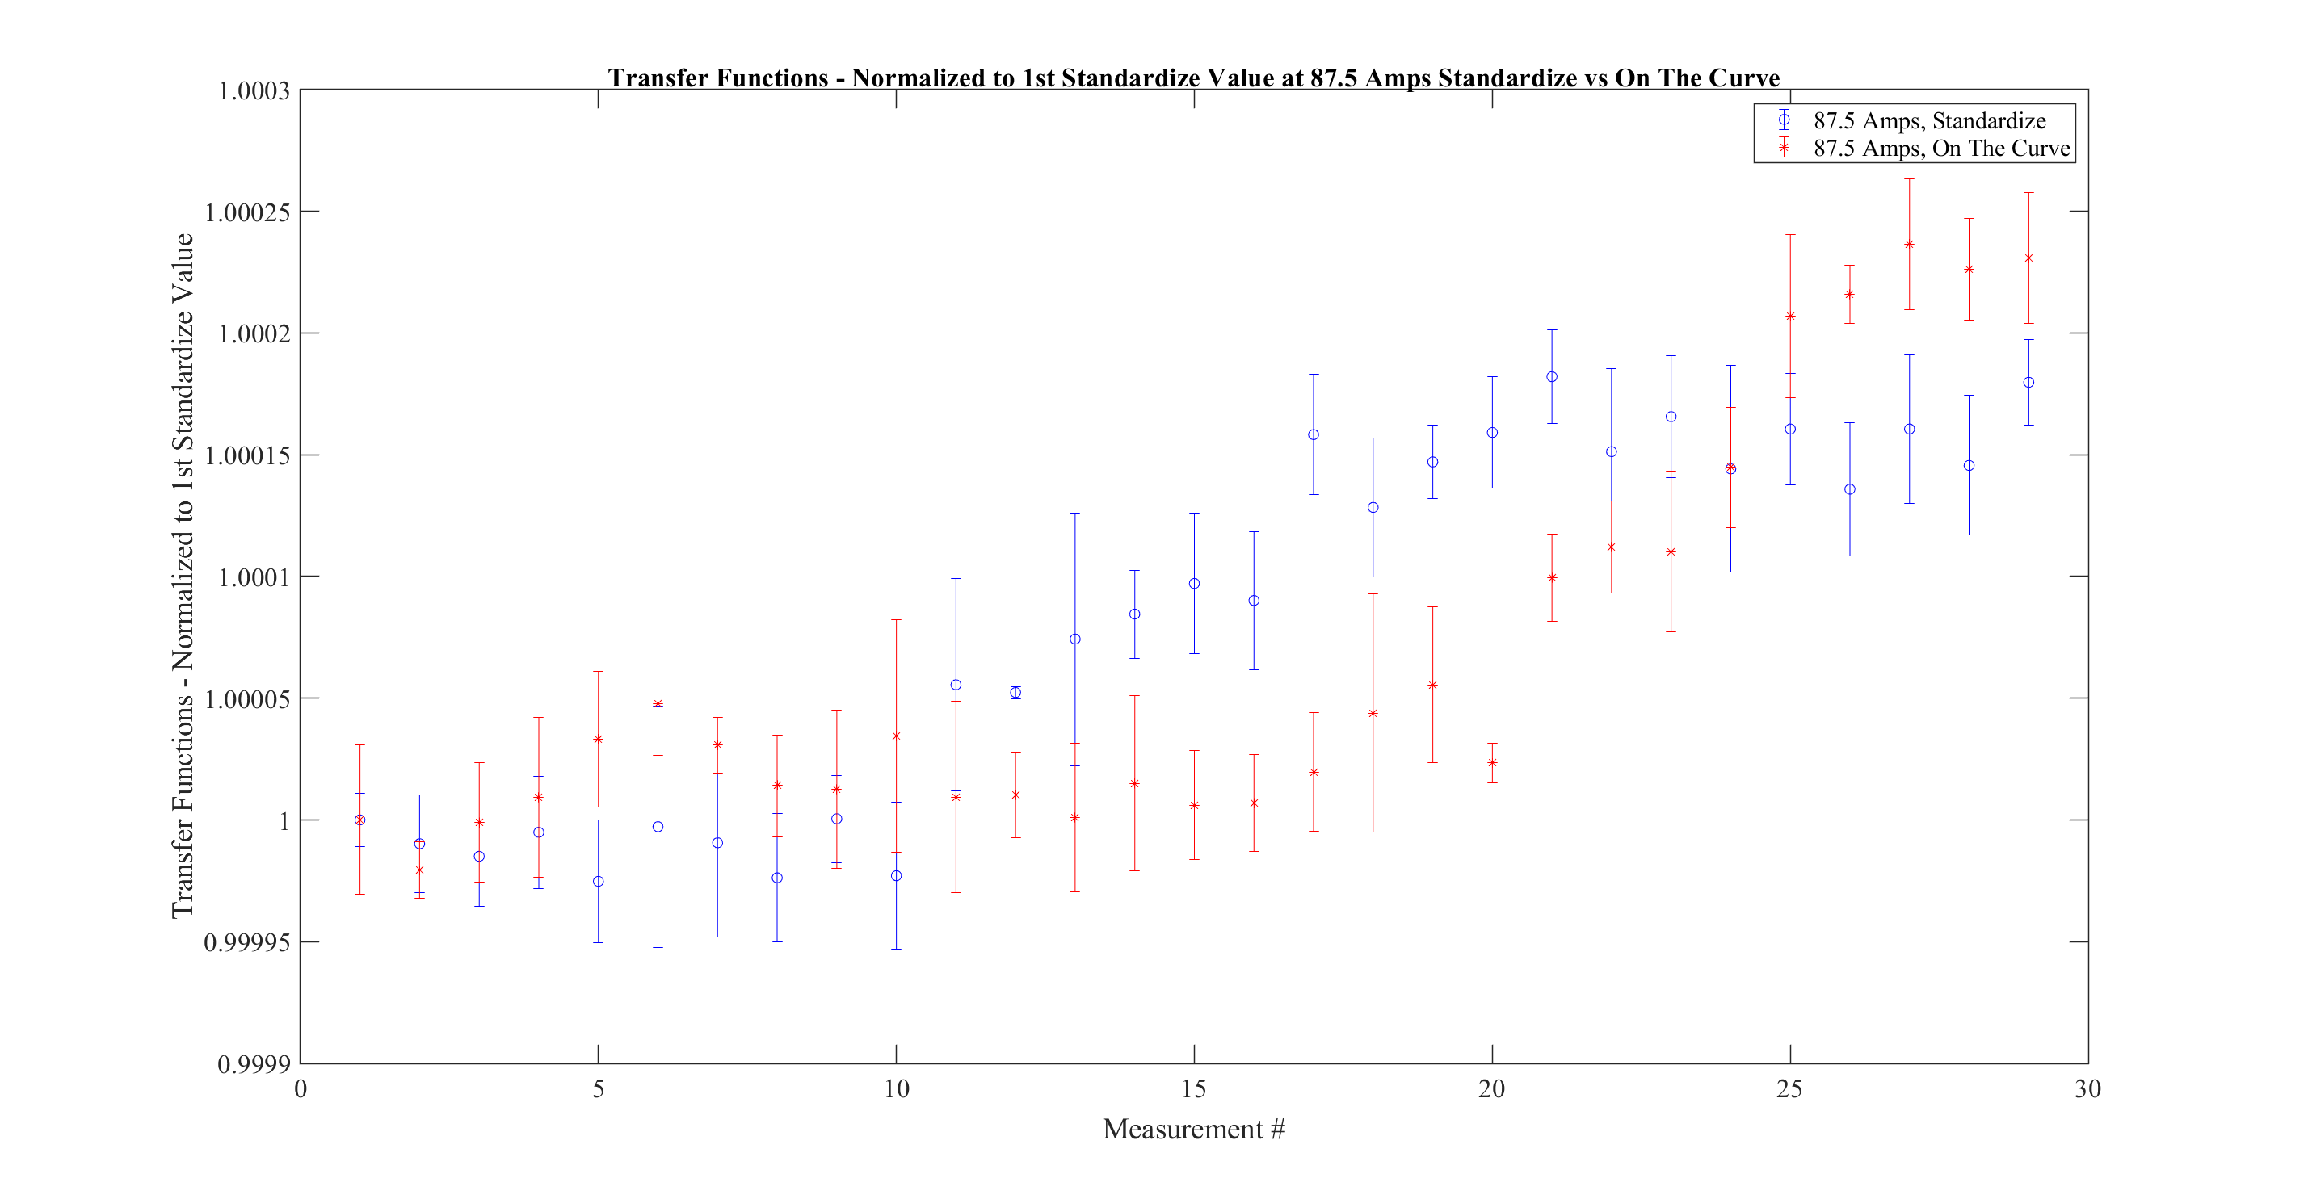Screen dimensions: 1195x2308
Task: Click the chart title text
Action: [1193, 78]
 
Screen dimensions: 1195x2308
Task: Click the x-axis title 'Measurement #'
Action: [1193, 1129]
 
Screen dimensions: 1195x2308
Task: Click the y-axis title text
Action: [183, 576]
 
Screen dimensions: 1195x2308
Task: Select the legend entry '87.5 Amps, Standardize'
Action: [1929, 120]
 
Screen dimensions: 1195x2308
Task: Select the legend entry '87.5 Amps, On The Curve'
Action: [1941, 148]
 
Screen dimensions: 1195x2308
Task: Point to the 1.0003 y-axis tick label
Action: [254, 90]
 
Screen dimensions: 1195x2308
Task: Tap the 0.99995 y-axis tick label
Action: [247, 942]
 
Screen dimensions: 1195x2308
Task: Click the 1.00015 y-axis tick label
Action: [247, 456]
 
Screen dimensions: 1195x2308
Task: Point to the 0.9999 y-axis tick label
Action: [254, 1064]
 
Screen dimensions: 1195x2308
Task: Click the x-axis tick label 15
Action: [1193, 1089]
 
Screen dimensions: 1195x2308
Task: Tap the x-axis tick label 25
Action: [1789, 1089]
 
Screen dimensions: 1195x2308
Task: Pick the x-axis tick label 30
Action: [2087, 1089]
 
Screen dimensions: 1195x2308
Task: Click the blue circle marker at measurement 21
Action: [1552, 377]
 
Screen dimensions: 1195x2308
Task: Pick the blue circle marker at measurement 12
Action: [1015, 693]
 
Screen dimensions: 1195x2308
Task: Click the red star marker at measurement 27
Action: [1909, 245]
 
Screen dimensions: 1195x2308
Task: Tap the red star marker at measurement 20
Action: [1493, 762]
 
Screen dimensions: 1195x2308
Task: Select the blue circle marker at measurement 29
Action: [2028, 383]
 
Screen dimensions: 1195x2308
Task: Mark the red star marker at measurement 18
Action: [1373, 713]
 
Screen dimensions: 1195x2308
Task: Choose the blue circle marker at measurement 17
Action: [1314, 434]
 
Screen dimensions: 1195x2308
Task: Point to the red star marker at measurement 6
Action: [658, 704]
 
